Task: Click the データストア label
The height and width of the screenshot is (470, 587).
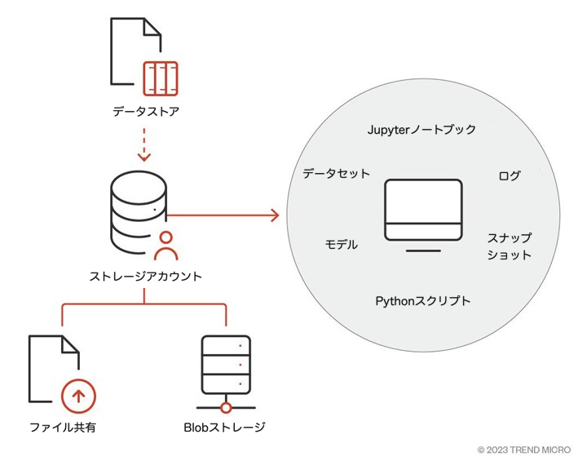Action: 145,111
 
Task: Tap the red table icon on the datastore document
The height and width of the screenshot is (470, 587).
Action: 160,78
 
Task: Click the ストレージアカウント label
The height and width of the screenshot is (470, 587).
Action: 145,277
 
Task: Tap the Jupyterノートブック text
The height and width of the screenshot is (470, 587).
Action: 421,130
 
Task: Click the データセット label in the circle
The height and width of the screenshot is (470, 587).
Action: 336,173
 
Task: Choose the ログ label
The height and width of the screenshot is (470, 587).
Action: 509,175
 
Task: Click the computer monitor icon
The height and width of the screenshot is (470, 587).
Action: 423,214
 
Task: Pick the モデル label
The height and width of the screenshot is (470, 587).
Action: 341,244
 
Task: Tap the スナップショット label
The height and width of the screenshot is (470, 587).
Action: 510,246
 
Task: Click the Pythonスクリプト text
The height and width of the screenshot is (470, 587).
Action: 422,301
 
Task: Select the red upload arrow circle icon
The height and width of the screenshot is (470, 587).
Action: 78,397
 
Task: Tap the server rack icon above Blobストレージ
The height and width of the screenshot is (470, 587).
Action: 226,366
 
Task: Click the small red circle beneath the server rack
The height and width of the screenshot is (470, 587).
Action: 226,406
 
